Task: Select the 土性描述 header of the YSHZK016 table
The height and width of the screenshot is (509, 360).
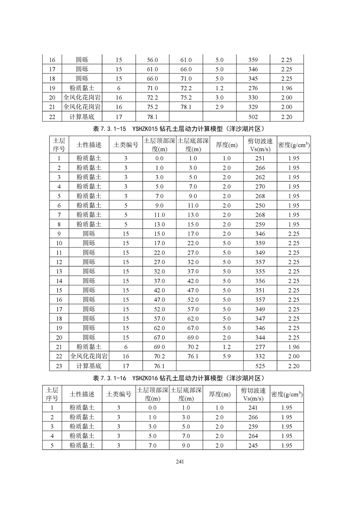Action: [82, 394]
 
